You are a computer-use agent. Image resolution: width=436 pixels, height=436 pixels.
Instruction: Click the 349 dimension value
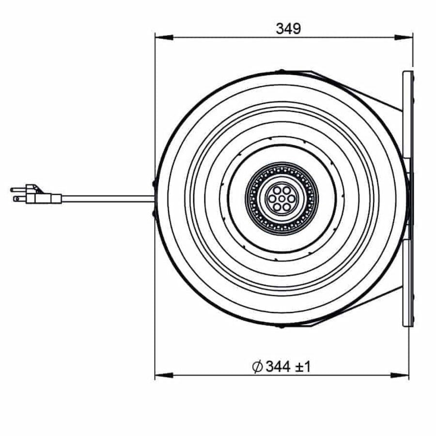pos(288,29)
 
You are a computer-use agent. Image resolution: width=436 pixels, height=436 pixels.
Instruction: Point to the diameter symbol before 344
pos(257,367)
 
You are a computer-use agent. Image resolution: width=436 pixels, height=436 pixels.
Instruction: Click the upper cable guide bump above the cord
pos(155,184)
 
